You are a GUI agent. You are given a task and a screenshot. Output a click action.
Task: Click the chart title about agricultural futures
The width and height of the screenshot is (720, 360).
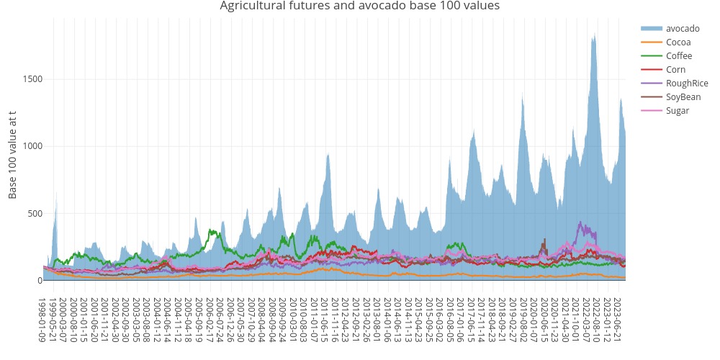click(x=359, y=6)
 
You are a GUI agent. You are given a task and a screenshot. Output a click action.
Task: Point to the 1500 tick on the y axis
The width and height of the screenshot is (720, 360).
click(x=32, y=78)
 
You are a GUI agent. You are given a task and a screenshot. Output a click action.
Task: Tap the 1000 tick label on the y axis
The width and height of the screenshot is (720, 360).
click(x=32, y=146)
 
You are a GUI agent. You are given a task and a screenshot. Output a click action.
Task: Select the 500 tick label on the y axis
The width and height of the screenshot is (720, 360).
click(x=34, y=213)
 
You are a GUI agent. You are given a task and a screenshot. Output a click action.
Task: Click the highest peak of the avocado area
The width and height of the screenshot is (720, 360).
click(x=594, y=35)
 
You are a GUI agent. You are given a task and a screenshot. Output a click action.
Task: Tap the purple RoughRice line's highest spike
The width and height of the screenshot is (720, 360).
click(x=580, y=222)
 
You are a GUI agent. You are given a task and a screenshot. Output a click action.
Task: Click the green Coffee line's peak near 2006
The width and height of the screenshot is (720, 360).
click(x=211, y=230)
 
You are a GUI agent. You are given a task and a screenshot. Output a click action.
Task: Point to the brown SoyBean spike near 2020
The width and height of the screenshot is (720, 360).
click(x=545, y=239)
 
